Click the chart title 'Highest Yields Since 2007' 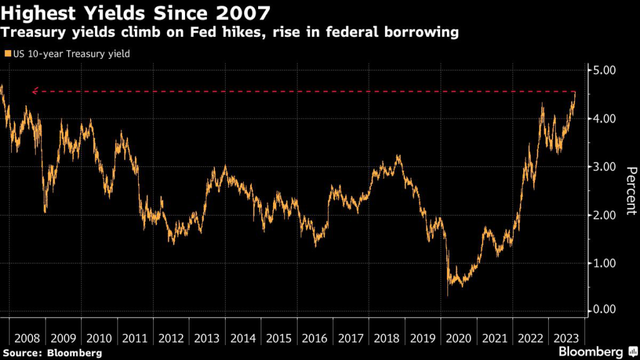136,12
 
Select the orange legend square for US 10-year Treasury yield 7,54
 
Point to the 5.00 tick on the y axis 604,70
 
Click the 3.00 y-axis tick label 604,167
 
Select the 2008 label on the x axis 27,338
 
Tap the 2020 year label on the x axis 459,338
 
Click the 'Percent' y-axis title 631,191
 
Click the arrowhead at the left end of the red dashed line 34,91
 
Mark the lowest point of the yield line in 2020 447,294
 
